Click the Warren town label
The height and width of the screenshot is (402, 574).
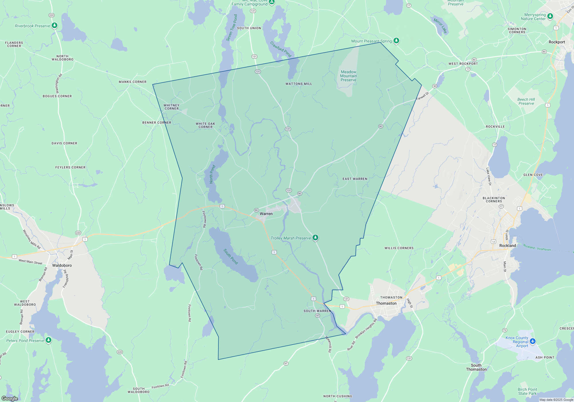[x=266, y=214]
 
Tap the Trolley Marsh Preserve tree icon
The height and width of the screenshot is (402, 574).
[x=315, y=237]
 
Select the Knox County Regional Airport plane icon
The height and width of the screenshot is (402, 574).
[x=533, y=341]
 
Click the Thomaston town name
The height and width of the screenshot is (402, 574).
[x=386, y=303]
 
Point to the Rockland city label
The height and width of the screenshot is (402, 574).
[x=507, y=246]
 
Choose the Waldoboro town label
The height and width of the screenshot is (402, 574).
[x=62, y=265]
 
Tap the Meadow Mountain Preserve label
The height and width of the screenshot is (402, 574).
[x=348, y=76]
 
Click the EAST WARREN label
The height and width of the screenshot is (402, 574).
[x=355, y=179]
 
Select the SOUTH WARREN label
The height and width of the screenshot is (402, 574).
[x=317, y=311]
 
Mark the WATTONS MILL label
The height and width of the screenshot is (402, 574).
[x=298, y=84]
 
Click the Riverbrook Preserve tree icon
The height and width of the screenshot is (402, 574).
[x=55, y=26]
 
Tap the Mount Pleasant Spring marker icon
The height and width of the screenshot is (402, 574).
[x=396, y=40]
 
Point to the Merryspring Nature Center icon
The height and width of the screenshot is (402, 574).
[x=550, y=16]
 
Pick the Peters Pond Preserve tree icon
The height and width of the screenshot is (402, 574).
[x=49, y=340]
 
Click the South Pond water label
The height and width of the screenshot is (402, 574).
[x=231, y=256]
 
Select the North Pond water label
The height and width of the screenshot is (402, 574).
[x=212, y=174]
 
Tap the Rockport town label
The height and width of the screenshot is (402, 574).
[x=556, y=42]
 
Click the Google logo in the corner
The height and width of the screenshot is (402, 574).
[x=10, y=398]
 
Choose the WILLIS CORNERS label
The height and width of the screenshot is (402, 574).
[x=399, y=248]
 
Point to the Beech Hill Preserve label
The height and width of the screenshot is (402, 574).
[x=526, y=101]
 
